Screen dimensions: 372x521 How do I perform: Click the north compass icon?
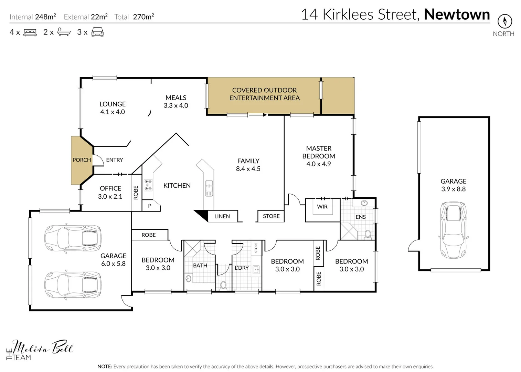(x=504, y=21)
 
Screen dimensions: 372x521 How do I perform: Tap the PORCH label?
(x=82, y=160)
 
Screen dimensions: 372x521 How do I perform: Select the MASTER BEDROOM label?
(x=319, y=156)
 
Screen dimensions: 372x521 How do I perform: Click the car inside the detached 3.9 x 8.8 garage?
(x=453, y=230)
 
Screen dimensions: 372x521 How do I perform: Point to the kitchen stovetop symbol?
(x=148, y=185)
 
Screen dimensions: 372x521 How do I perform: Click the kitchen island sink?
(x=209, y=188)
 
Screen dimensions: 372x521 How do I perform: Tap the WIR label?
(x=322, y=207)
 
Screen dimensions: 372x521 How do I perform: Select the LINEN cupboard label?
(x=222, y=216)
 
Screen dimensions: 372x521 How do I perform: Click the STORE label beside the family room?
(x=271, y=216)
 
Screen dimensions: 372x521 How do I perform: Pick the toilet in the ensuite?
(x=368, y=235)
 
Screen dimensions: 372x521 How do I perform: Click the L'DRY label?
(x=242, y=268)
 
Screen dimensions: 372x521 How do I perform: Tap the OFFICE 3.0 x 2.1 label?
(x=110, y=192)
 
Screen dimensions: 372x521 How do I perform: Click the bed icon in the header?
(x=30, y=33)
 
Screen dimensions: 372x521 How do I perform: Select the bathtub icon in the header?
(x=64, y=32)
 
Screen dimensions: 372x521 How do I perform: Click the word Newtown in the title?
(x=457, y=14)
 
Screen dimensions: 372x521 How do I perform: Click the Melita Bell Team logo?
(x=39, y=350)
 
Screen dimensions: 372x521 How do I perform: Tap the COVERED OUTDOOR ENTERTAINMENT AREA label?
(x=264, y=94)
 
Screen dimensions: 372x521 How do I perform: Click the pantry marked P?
(x=150, y=206)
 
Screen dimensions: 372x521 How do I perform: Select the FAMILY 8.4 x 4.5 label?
(x=248, y=165)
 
